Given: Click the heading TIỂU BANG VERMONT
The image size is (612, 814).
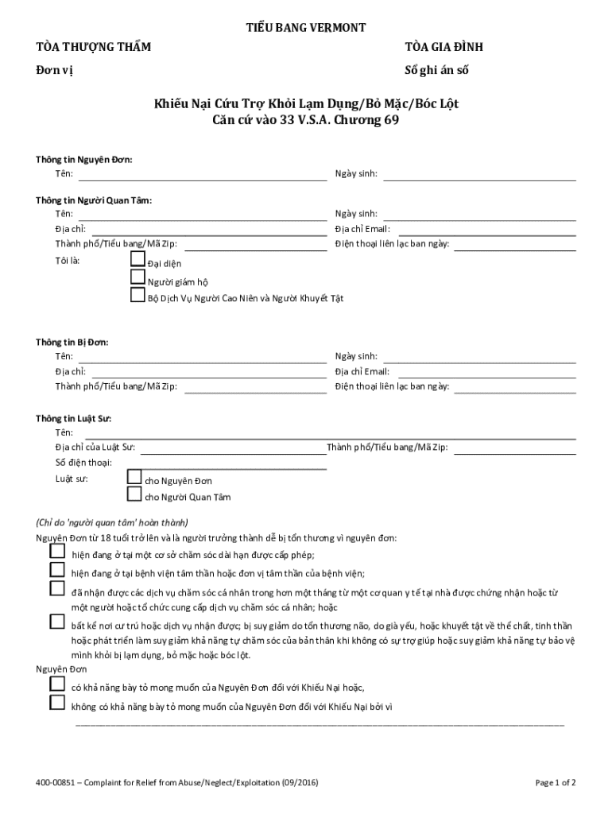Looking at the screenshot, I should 306,28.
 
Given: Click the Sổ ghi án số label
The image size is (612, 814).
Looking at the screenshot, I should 436,70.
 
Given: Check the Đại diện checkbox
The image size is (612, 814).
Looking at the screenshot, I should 138,259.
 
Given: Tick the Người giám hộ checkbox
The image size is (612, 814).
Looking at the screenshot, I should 138,277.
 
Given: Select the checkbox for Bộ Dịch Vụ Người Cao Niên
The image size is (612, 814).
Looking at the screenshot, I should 138,296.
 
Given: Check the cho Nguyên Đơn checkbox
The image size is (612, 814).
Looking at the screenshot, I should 134,477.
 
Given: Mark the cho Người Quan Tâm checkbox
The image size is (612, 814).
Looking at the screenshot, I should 134,494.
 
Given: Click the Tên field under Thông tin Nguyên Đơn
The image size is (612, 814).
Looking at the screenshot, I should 202,175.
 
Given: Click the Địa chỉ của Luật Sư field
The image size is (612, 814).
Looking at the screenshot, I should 234,448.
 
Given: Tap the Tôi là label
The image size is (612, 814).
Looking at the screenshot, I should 68,261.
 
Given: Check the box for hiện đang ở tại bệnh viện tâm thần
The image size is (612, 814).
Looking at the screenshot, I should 56,569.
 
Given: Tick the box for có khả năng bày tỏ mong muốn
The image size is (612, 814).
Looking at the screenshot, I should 56,684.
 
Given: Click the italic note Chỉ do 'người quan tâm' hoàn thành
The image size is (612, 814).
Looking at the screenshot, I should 111,523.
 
